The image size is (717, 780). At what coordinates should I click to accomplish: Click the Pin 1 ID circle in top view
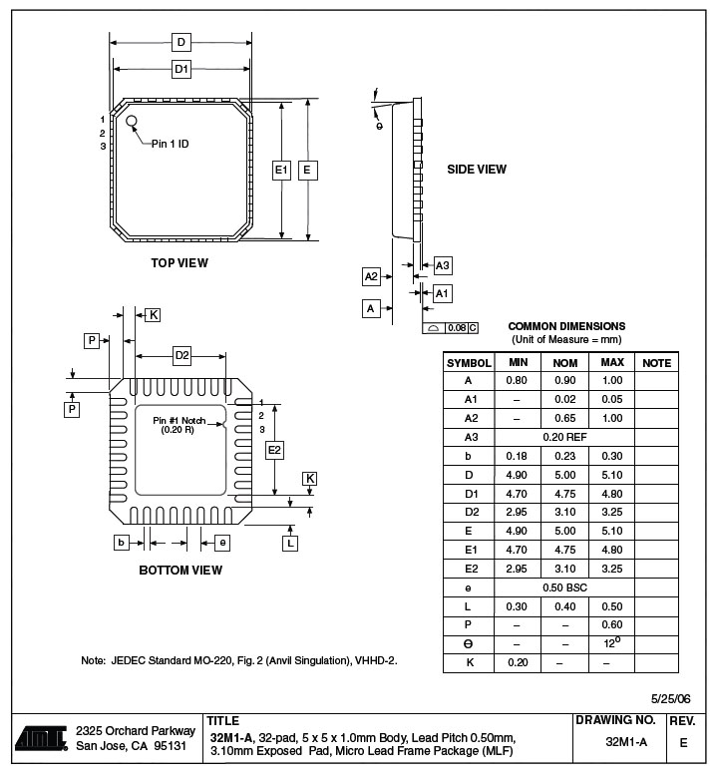tap(132, 121)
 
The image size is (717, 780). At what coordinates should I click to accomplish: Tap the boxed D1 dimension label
tap(181, 69)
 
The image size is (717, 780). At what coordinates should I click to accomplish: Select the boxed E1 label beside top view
tap(281, 171)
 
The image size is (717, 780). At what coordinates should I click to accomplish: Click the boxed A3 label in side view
tap(442, 265)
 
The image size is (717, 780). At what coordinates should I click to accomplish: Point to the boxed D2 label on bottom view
tap(181, 356)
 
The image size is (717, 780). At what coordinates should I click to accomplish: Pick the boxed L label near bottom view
tap(290, 544)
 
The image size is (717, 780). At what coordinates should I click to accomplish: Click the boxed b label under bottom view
tap(121, 543)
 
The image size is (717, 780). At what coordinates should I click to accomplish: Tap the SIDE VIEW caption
tap(477, 170)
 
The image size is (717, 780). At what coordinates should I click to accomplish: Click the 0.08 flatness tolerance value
tap(457, 328)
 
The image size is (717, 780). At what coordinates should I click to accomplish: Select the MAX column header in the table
tap(612, 362)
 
